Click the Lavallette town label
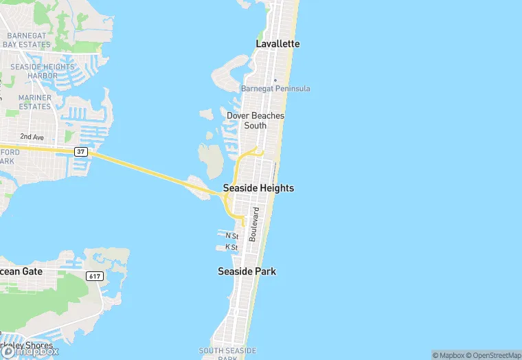tap(277, 43)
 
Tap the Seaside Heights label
tap(258, 188)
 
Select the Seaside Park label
tap(247, 271)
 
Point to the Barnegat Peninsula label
tap(275, 89)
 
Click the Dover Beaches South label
tap(255, 121)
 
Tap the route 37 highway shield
tap(81, 151)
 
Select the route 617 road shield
tap(95, 275)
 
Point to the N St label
tap(231, 236)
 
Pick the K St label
tap(231, 247)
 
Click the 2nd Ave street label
tap(32, 137)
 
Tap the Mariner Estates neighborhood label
tap(35, 102)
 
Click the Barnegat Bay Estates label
tap(26, 40)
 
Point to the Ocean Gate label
tap(21, 271)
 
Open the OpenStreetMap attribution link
tap(492, 355)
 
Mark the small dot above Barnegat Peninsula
tap(275, 80)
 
